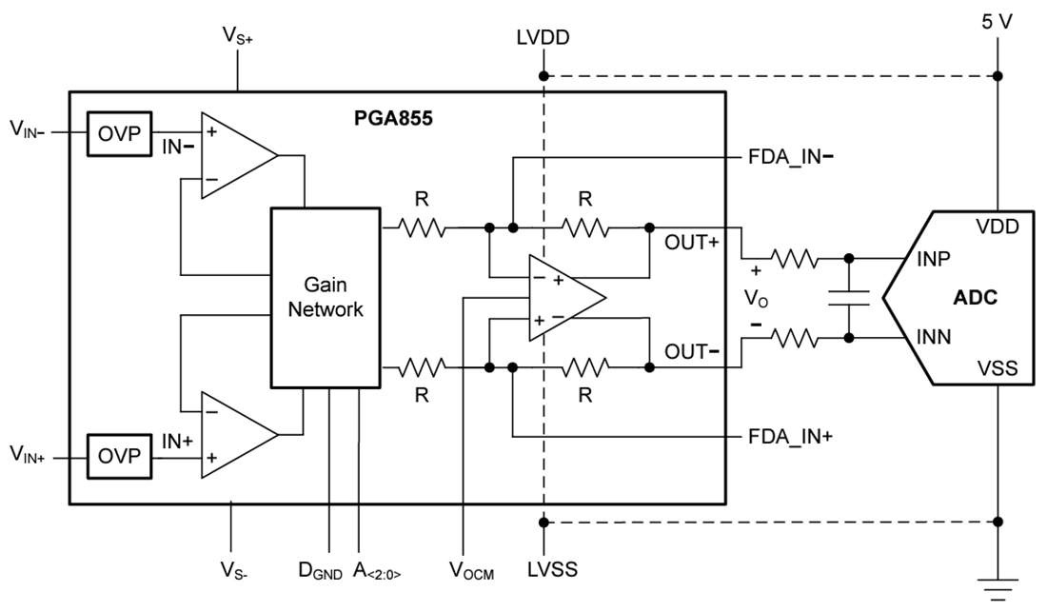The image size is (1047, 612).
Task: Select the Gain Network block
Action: coord(326,297)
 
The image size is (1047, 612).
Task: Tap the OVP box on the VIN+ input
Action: coord(118,457)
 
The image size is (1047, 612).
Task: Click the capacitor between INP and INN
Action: coord(848,297)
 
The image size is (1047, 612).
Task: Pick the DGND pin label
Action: coord(326,570)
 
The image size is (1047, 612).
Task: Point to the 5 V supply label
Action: coord(997,20)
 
